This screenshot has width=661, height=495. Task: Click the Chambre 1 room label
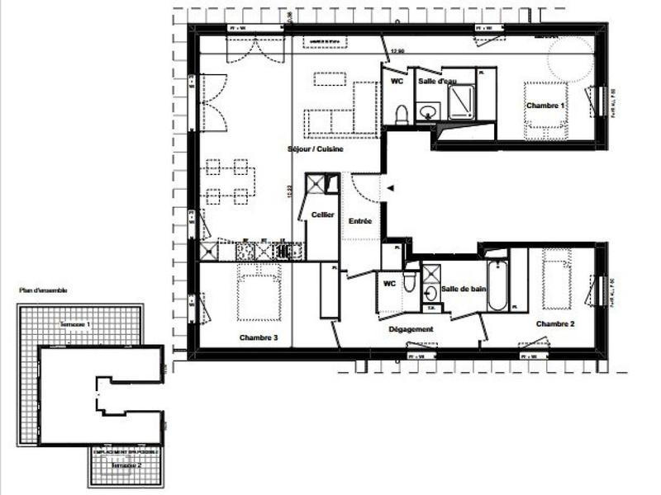click(544, 106)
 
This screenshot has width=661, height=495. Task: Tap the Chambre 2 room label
click(554, 323)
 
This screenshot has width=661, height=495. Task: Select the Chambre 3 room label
click(258, 337)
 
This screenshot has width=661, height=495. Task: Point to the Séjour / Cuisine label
click(315, 149)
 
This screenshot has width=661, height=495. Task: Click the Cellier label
click(322, 214)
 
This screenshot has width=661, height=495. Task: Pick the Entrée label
click(359, 221)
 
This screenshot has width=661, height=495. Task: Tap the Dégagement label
click(411, 329)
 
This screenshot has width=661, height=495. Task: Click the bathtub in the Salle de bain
click(497, 285)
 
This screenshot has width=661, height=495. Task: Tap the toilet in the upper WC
click(402, 114)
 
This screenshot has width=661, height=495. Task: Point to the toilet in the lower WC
click(410, 283)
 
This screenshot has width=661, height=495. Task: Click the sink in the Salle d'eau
click(428, 112)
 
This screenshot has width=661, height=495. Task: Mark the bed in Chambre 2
click(557, 278)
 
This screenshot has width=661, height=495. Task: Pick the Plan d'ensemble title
click(43, 290)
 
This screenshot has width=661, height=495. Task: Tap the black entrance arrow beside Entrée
click(392, 188)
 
